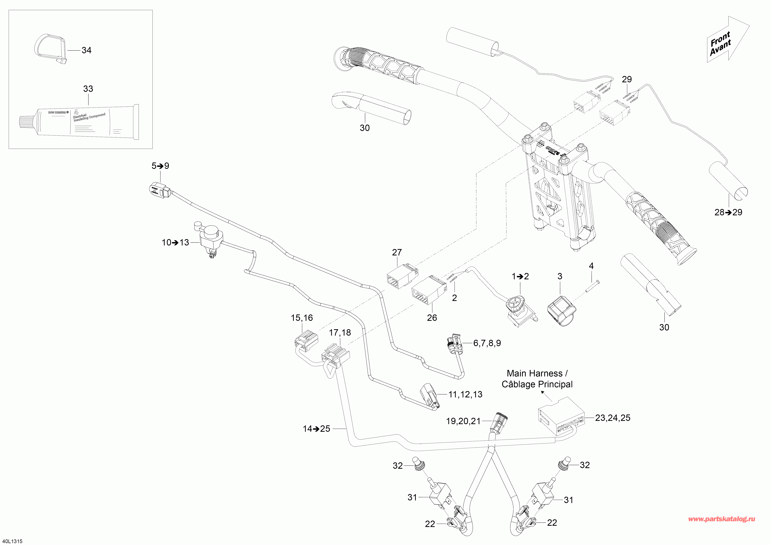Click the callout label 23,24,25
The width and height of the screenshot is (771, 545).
coord(612,418)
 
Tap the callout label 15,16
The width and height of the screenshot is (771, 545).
coord(301,318)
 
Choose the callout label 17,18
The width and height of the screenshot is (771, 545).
coord(340,333)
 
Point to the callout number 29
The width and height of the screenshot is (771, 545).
coord(627,80)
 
